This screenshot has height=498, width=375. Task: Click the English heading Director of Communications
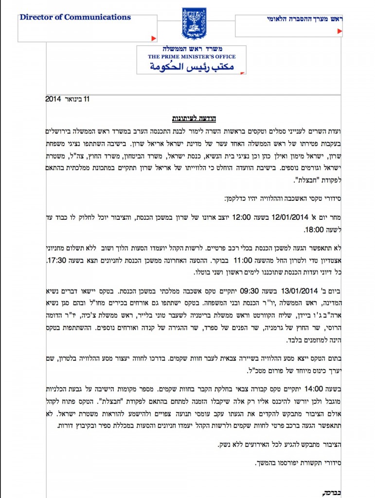75,18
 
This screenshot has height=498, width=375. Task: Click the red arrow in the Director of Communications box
153,38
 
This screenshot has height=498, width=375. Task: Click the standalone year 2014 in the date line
52,99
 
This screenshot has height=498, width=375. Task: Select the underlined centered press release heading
195,118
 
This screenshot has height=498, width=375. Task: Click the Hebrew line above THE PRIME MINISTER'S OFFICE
193,50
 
